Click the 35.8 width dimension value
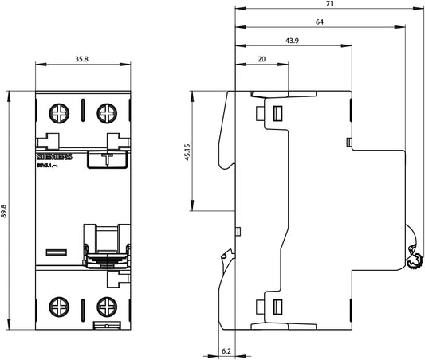(82, 59)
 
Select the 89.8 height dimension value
(6, 210)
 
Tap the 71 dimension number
(329, 6)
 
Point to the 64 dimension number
(319, 23)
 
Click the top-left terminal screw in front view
(60, 114)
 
